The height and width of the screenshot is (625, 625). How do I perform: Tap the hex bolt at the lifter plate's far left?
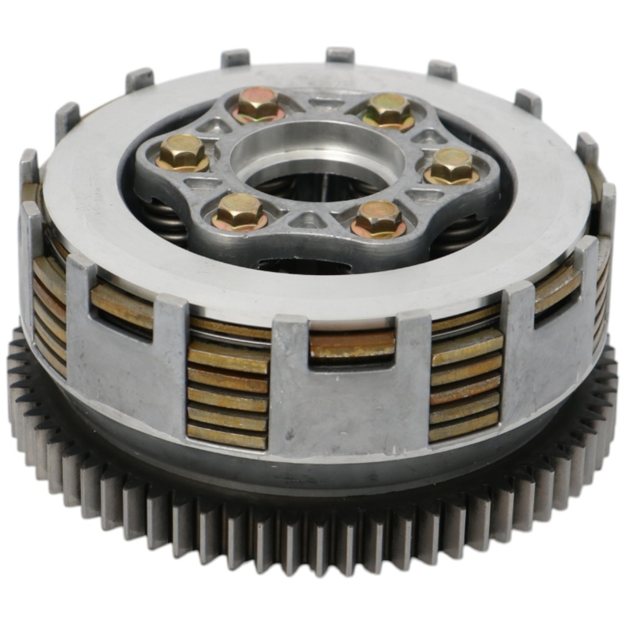tap(182, 151)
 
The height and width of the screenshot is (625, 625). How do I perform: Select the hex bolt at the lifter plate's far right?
tap(452, 165)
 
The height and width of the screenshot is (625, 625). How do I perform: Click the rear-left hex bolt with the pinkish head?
tap(258, 103)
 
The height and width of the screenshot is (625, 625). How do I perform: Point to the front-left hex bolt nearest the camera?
tap(239, 211)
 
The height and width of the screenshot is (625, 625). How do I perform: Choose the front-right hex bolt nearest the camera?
tap(379, 217)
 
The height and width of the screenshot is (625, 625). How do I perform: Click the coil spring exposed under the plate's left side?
tap(166, 220)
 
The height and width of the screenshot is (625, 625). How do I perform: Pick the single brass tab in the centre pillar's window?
tap(352, 345)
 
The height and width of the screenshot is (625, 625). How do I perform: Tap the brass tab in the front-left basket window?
tap(122, 305)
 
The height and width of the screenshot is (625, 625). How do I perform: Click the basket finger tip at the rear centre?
tap(340, 55)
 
